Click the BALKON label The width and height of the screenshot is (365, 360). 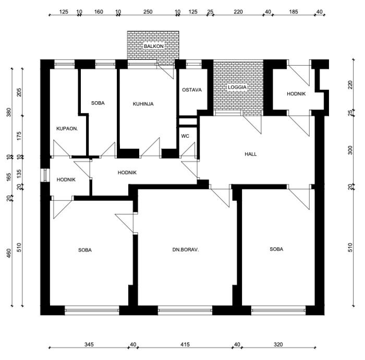coord(154,46)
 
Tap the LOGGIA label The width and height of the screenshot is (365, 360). coord(237,87)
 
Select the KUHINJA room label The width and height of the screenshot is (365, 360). coord(143,104)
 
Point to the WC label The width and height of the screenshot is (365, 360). coord(185,136)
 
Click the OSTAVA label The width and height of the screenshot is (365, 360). coord(192,90)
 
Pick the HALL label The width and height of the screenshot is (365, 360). coord(251,154)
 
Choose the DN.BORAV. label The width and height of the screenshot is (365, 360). coord(186,250)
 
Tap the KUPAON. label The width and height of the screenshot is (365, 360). coord(67,128)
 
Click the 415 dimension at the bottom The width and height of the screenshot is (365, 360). coord(185,344)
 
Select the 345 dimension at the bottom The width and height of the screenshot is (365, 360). coord(89,344)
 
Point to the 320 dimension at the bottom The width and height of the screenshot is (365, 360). coord(278,344)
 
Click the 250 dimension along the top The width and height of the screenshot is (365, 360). coord(148,11)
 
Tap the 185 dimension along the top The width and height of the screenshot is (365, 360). coord(294,11)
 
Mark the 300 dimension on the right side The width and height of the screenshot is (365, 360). coord(350,150)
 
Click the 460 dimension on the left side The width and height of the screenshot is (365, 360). coord(9,253)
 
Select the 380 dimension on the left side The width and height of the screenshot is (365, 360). coord(9,113)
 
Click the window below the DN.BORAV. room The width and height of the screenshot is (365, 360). coord(185,310)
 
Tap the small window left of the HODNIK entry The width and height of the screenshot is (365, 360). coord(45,175)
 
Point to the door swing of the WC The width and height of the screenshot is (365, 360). coord(188,150)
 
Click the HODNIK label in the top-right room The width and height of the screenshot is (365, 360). coord(296,94)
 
